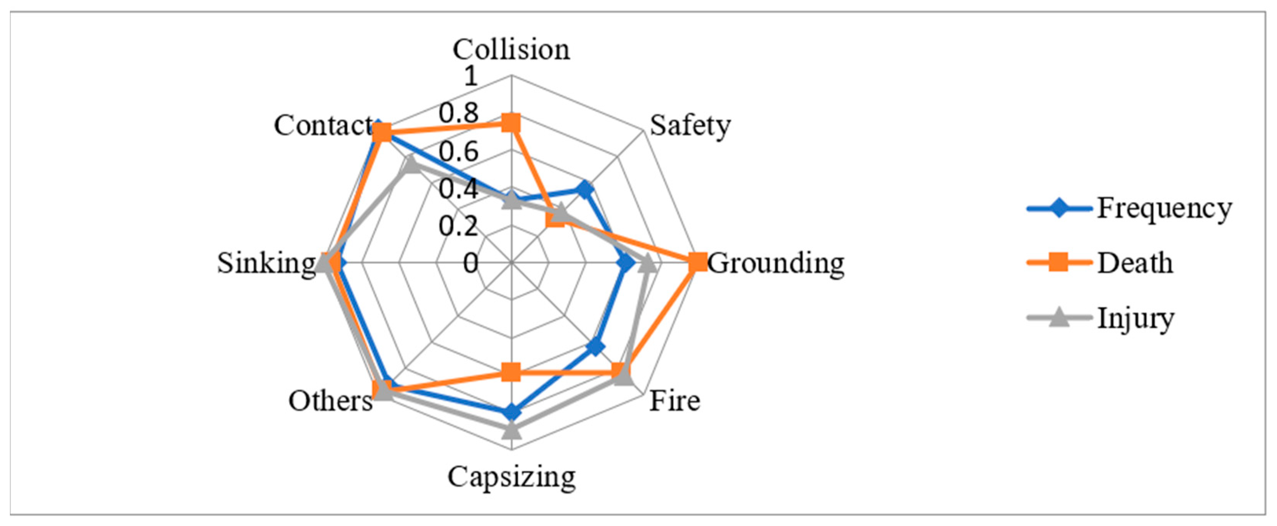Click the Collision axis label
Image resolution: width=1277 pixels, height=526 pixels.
tap(511, 50)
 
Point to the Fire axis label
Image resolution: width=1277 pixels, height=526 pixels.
tap(675, 401)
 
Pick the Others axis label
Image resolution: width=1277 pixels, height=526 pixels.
tap(331, 401)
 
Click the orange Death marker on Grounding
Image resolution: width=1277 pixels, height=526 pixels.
tap(698, 262)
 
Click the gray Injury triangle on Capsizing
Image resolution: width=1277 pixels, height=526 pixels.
tap(511, 430)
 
